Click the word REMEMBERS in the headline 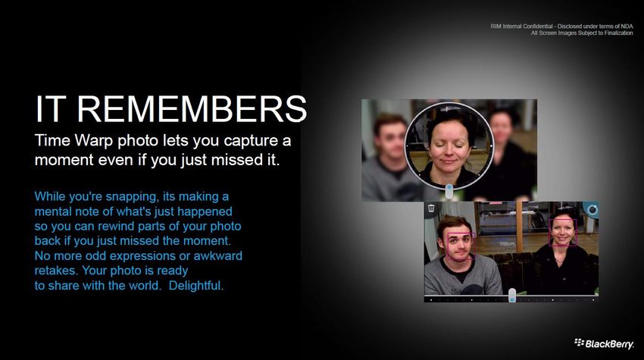point(192,109)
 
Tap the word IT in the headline point(51,109)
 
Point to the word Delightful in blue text point(196,285)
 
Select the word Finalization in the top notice point(618,33)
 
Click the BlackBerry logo point(604,343)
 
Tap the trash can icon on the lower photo point(431,208)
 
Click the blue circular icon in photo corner point(592,210)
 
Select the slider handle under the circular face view point(449,191)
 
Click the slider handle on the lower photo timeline point(512,295)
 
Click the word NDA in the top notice point(627,27)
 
